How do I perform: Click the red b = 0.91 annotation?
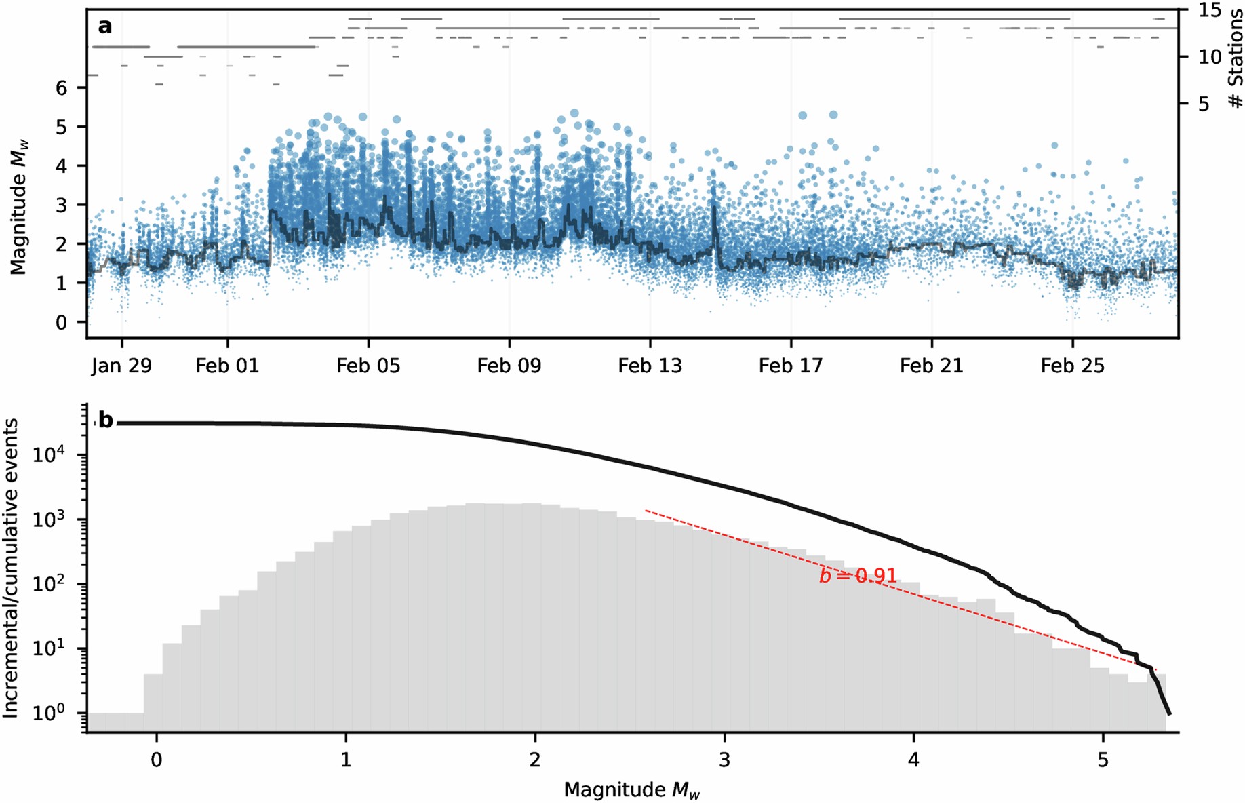[x=858, y=576]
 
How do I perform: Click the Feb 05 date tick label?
[x=368, y=366]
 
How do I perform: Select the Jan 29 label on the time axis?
[x=121, y=366]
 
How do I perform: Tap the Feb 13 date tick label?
[x=650, y=366]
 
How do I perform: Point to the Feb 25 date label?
[x=1072, y=366]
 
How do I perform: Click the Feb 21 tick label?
[x=931, y=366]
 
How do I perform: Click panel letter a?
[x=104, y=26]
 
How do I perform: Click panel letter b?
[x=106, y=420]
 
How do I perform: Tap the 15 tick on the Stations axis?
[x=1209, y=10]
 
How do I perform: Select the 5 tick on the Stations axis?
[x=1204, y=104]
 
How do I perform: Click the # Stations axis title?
[x=1236, y=58]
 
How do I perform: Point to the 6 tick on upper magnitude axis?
[x=62, y=88]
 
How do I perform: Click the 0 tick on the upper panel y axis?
[x=62, y=322]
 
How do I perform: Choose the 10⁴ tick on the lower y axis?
[x=49, y=455]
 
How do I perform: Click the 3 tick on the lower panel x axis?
[x=724, y=759]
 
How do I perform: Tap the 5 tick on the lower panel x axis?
[x=1103, y=759]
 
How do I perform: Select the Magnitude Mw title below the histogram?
[x=631, y=790]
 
